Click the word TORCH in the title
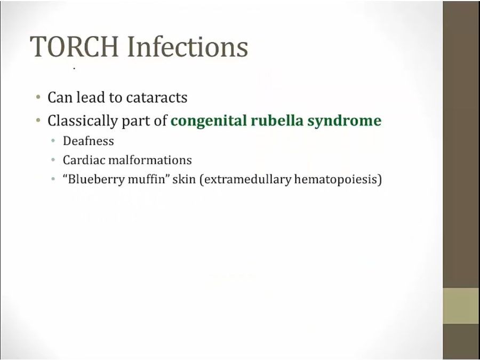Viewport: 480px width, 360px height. tap(74, 46)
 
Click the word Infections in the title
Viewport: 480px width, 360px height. tap(187, 46)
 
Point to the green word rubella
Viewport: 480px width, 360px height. tap(277, 121)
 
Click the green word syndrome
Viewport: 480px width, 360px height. tap(345, 121)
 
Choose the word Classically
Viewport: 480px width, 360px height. tap(82, 121)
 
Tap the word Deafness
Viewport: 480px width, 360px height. tap(89, 141)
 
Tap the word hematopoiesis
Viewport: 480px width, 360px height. tap(336, 179)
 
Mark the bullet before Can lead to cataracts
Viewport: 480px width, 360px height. tap(38, 98)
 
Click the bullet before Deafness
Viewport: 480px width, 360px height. tap(53, 141)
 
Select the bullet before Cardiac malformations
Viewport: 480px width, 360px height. tap(53, 160)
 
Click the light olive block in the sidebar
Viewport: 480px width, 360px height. tap(461, 306)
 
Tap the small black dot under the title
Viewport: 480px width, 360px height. tap(74, 69)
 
